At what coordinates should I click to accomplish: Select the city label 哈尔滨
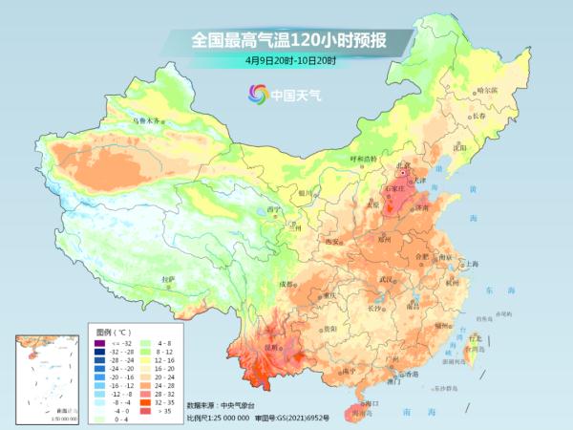[x=487, y=90]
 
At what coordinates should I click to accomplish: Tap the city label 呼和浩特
[x=364, y=159]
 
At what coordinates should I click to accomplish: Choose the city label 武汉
[x=386, y=278]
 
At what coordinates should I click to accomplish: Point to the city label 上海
[x=468, y=264]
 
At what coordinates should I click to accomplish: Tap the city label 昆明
[x=273, y=348]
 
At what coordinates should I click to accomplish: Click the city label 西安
[x=332, y=242]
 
